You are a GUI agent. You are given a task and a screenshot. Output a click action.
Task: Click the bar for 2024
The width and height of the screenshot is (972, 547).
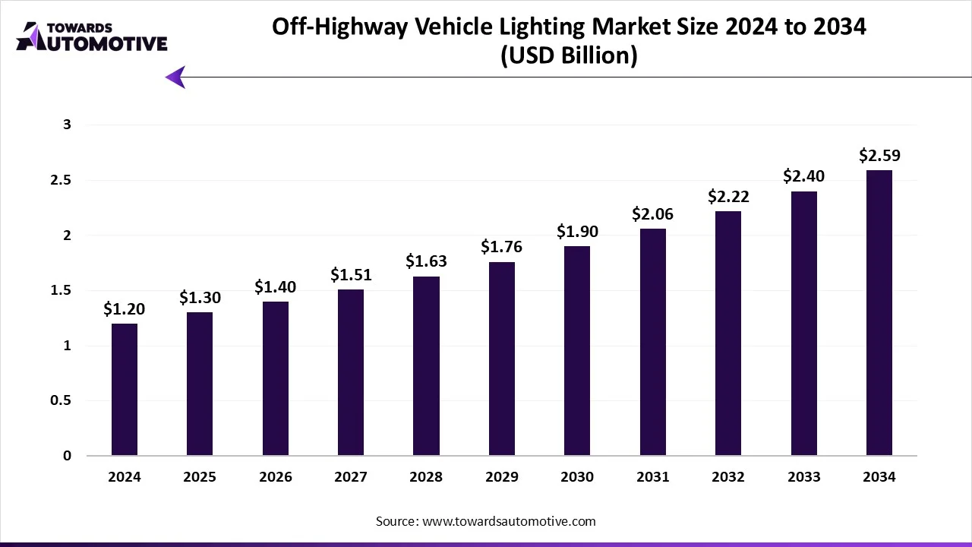[125, 389]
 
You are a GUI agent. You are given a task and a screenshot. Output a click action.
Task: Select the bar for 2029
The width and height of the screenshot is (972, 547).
[501, 359]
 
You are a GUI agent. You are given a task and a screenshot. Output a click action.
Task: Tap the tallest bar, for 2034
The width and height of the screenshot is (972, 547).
[879, 312]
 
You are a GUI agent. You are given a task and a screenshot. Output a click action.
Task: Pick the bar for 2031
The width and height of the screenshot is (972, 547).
[652, 342]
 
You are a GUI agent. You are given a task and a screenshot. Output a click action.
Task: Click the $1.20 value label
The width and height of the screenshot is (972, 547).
[125, 309]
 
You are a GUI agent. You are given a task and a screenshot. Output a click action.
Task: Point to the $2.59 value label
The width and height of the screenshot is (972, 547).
[879, 156]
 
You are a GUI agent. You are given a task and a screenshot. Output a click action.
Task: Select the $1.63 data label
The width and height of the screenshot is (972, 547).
[426, 261]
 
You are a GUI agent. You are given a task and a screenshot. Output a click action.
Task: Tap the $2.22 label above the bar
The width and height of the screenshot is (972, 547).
[728, 197]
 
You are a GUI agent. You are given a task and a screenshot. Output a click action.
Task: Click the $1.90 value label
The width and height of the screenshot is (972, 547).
[577, 232]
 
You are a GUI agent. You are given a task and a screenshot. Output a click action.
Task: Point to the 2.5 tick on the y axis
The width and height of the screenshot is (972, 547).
[61, 180]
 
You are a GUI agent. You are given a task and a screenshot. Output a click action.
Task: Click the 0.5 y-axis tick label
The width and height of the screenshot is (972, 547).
[61, 400]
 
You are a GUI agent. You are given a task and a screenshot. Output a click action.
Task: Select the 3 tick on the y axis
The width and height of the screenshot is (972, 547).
[67, 125]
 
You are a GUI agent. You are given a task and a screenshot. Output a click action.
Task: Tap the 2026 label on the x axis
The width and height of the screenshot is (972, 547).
[275, 477]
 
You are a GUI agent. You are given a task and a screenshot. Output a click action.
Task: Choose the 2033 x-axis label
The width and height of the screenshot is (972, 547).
[803, 477]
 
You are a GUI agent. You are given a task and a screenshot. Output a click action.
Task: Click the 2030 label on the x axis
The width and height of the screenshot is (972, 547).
[577, 477]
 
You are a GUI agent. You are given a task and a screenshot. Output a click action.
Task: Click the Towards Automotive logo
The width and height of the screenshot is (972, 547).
[91, 36]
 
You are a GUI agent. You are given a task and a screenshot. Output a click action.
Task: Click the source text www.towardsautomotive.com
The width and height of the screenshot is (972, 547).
[509, 521]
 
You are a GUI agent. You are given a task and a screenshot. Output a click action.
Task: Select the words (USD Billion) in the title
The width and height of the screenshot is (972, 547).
[569, 55]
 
